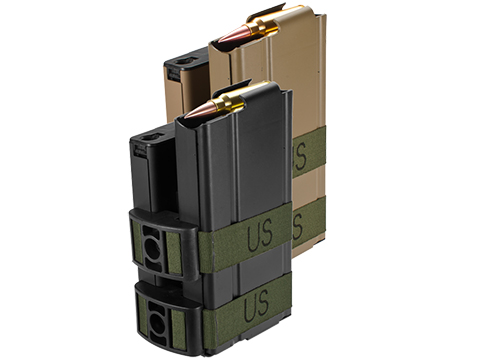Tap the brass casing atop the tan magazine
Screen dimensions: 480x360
tap(262, 24)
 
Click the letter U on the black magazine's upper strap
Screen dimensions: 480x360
tap(253, 237)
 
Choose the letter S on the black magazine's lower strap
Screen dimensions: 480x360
tap(262, 303)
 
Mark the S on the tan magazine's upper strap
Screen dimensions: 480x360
tap(300, 156)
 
